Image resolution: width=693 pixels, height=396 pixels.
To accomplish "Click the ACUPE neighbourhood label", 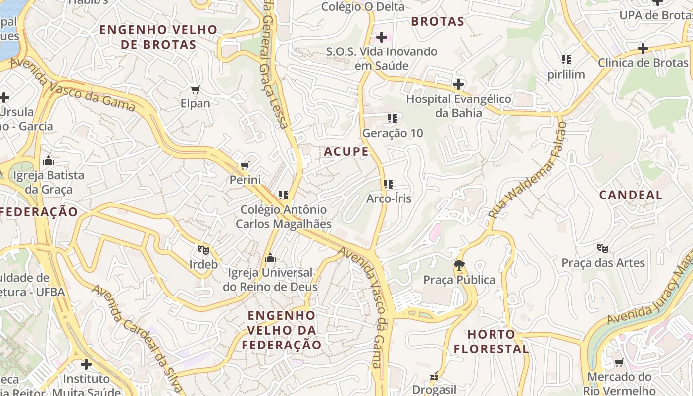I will (x=346, y=151).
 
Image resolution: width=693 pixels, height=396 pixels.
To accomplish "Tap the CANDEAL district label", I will (x=631, y=195).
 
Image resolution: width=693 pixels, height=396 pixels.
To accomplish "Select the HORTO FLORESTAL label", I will (x=492, y=342).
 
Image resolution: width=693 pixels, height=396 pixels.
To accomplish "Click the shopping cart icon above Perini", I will (x=245, y=165).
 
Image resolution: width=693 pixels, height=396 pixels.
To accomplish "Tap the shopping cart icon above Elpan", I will (x=196, y=90).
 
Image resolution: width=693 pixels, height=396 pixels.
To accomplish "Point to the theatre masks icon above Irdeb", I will (x=203, y=250).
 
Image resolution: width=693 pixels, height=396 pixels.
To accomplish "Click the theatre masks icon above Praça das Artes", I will (x=602, y=248).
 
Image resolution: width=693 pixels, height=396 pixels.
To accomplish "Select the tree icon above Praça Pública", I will (x=459, y=265).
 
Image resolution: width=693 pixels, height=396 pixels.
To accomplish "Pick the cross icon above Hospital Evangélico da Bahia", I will (x=458, y=84).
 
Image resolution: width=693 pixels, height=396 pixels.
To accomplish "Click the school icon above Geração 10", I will (x=393, y=118).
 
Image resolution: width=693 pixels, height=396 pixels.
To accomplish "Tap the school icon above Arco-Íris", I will (x=389, y=184).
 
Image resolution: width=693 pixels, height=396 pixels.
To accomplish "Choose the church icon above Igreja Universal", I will (x=270, y=258).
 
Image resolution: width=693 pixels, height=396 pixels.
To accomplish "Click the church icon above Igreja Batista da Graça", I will (x=49, y=160).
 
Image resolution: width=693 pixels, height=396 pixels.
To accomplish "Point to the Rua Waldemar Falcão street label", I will (x=528, y=171).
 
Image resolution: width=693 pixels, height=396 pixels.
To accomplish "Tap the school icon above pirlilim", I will (x=566, y=60).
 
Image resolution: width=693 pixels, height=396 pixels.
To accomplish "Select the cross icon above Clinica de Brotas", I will (x=643, y=49).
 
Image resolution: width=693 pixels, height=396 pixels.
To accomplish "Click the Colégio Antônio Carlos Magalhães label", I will (x=283, y=217).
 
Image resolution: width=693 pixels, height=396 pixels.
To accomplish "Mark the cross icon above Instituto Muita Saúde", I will (x=86, y=364).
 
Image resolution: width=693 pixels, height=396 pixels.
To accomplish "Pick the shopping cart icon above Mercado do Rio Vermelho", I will (x=619, y=363).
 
